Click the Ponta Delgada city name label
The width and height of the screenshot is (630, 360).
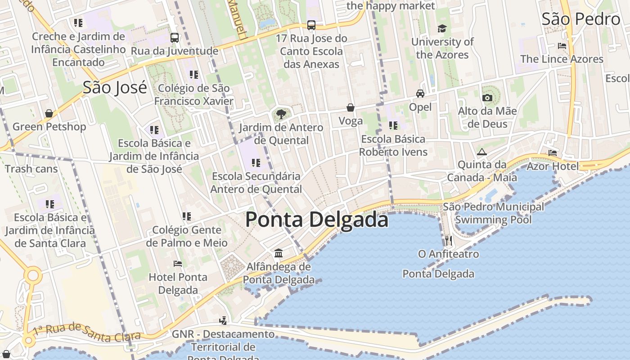(316, 220)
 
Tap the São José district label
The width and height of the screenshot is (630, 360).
(115, 87)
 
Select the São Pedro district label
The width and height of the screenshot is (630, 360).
(580, 19)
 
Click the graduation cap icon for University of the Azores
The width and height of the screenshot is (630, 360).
(442, 28)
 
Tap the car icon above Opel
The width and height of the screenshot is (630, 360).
(420, 94)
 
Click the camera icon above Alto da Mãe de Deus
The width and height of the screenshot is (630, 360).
(487, 98)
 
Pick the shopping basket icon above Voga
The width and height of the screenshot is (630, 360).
(350, 108)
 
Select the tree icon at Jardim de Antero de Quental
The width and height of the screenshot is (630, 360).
(281, 114)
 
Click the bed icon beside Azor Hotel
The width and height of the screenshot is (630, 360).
(553, 153)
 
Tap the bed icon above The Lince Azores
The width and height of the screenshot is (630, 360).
(562, 46)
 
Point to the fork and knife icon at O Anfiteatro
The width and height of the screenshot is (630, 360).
(448, 241)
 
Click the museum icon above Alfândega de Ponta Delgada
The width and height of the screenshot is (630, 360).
(279, 253)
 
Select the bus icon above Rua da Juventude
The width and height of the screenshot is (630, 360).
(174, 38)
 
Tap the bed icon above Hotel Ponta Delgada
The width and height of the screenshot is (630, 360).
(178, 264)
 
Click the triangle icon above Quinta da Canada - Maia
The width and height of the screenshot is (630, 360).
(482, 152)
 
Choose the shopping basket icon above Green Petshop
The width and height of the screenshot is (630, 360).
(49, 113)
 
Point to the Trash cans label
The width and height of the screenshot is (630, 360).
(31, 169)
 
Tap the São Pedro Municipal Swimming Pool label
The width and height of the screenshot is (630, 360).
(493, 213)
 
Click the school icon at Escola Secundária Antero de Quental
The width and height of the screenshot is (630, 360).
(256, 162)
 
